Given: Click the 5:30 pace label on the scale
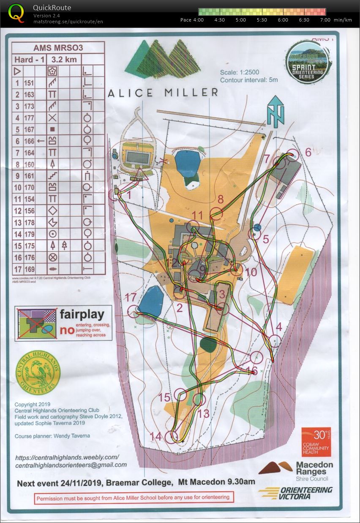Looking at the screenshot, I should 262,20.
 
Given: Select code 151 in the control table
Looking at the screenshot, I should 29,83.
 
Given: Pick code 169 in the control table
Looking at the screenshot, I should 29,268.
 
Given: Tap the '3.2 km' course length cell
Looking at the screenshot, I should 64,60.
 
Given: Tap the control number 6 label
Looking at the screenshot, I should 308,152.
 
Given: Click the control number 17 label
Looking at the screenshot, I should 131,298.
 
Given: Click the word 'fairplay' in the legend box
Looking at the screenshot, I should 82,315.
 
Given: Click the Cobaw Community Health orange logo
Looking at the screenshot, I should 316,442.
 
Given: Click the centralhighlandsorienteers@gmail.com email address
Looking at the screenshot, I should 71,465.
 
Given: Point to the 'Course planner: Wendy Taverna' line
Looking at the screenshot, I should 52,436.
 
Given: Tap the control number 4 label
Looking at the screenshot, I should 278,327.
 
